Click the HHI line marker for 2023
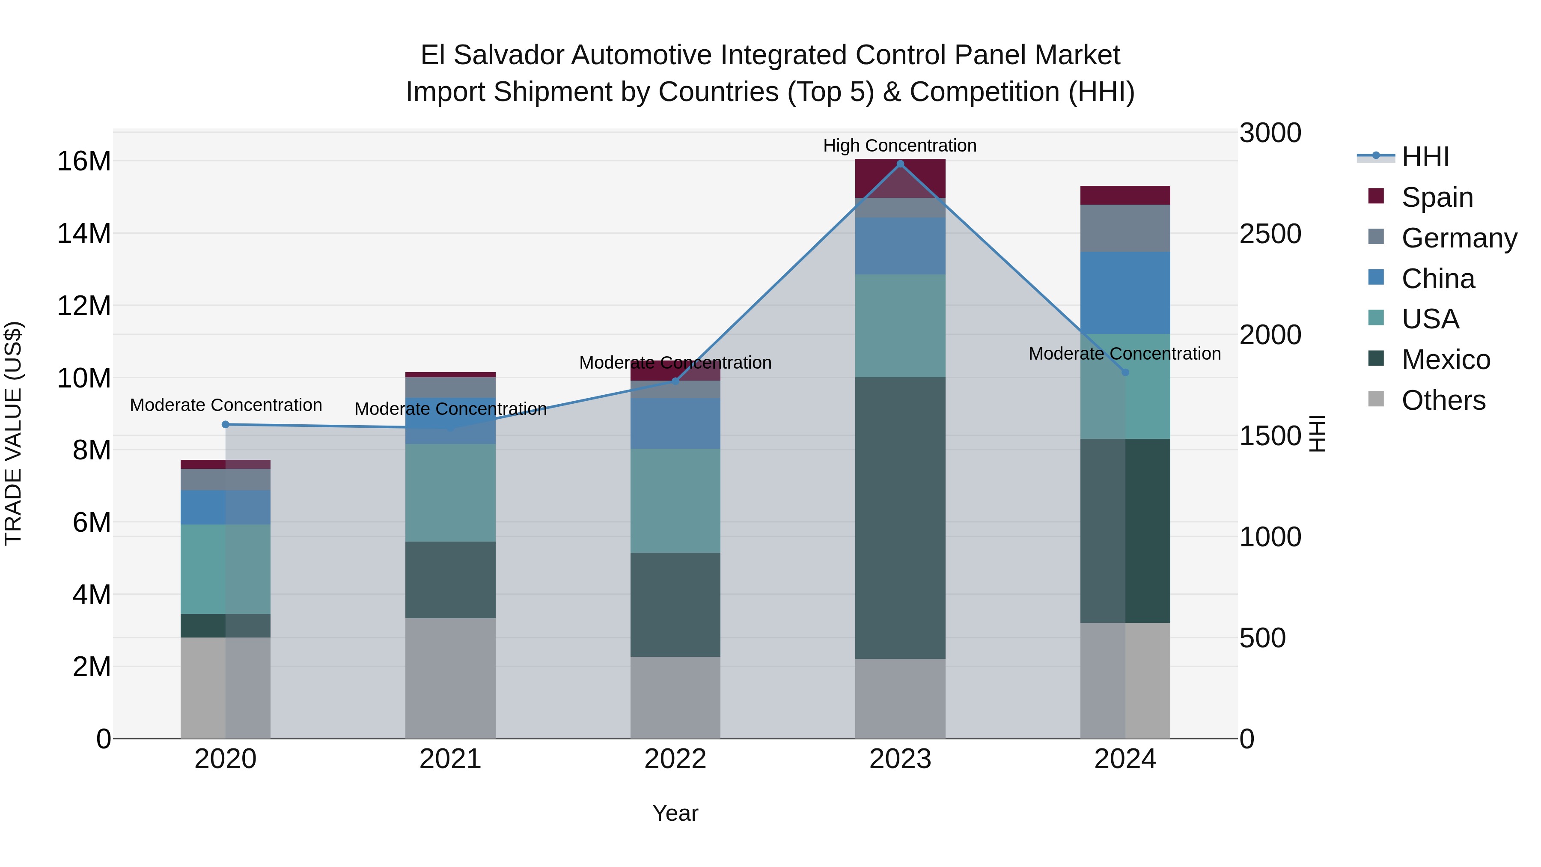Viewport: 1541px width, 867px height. (x=900, y=164)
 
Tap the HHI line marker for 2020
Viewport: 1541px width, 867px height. (x=226, y=424)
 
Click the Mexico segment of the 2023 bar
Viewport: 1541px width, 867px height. (x=900, y=518)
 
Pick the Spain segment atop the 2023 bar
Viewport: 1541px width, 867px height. (x=900, y=178)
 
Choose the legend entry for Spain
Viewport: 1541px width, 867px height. (x=1437, y=197)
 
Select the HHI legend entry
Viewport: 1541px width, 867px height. (x=1425, y=157)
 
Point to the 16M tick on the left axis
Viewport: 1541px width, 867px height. (x=84, y=161)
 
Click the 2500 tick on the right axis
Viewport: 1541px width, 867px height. (x=1270, y=233)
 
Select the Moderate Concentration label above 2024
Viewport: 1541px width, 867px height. (x=1124, y=354)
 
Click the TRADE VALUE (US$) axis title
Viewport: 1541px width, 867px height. (x=13, y=433)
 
